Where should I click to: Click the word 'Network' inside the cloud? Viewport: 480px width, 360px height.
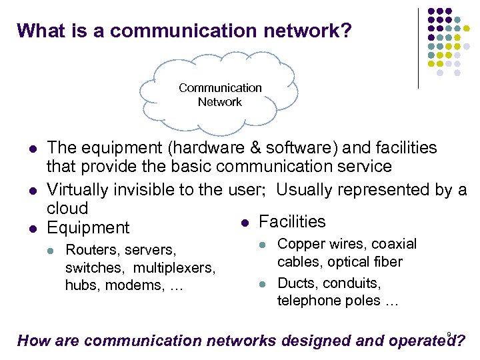[219, 102]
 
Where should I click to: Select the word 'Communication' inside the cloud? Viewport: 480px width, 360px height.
[220, 88]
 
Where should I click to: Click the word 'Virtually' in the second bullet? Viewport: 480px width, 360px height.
[78, 189]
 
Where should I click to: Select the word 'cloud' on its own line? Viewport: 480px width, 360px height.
[67, 208]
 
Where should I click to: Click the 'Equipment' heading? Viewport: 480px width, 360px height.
[88, 228]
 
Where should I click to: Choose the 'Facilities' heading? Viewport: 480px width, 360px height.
[292, 221]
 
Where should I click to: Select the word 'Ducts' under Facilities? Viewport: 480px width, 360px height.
[295, 283]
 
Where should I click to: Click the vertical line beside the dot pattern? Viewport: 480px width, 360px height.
[418, 48]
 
